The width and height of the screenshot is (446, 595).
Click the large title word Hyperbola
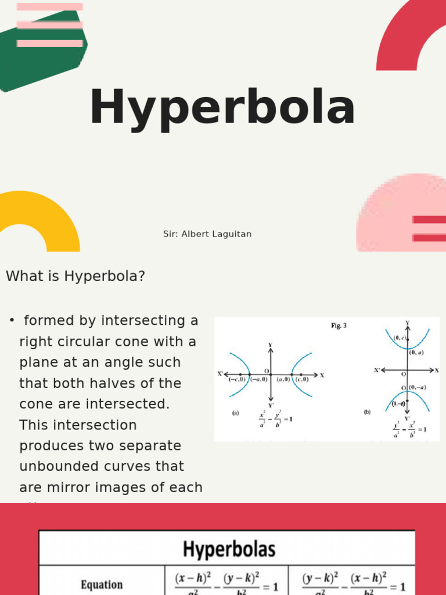point(222,108)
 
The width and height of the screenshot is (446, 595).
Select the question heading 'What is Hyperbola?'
point(75,276)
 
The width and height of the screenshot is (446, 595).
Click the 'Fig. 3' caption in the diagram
point(339,326)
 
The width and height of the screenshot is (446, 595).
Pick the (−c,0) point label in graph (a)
point(236,379)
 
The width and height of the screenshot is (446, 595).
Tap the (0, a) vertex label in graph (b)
point(416,352)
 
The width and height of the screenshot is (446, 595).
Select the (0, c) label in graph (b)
point(400,338)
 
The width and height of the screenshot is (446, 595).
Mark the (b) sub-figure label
point(367,412)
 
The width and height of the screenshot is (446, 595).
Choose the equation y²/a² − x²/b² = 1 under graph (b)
point(409,429)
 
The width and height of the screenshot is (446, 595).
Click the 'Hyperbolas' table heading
point(229,549)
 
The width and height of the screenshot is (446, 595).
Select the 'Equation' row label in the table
point(102,584)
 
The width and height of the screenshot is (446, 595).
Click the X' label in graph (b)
point(377,370)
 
